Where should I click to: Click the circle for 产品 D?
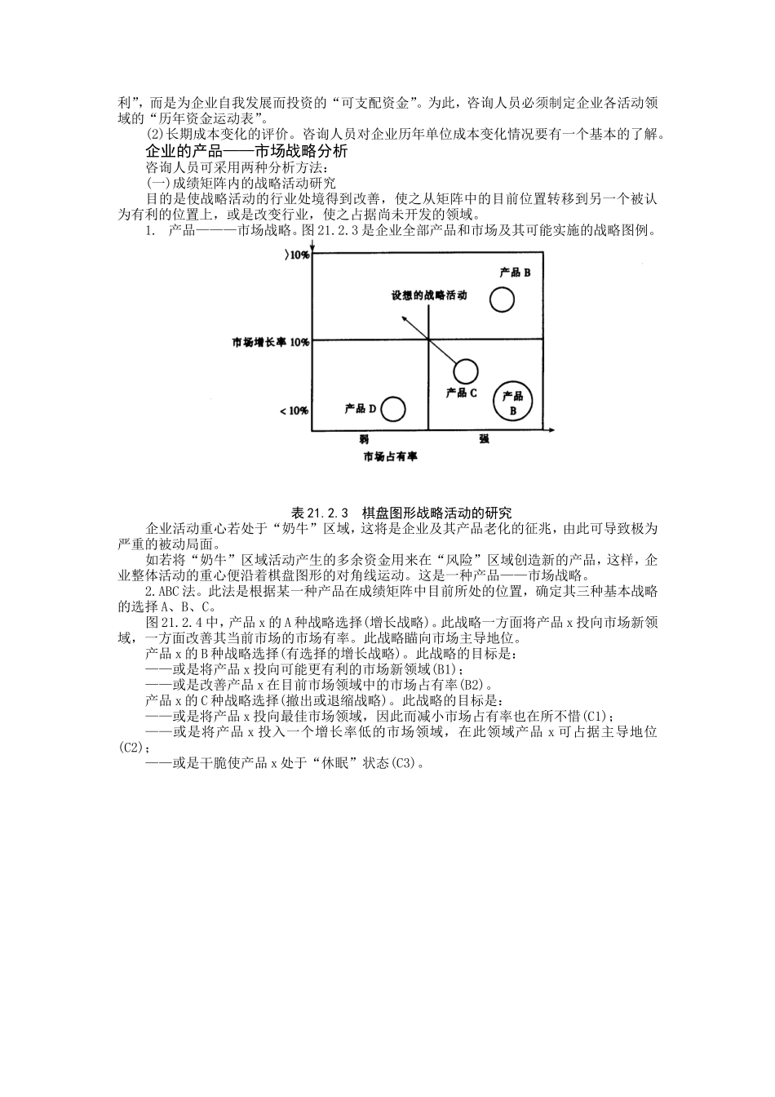(393, 409)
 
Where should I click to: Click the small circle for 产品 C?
(465, 371)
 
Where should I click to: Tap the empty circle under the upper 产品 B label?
(502, 300)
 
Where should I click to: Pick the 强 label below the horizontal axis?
(484, 438)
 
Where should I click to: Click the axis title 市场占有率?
(390, 456)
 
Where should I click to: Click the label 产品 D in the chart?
(355, 407)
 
